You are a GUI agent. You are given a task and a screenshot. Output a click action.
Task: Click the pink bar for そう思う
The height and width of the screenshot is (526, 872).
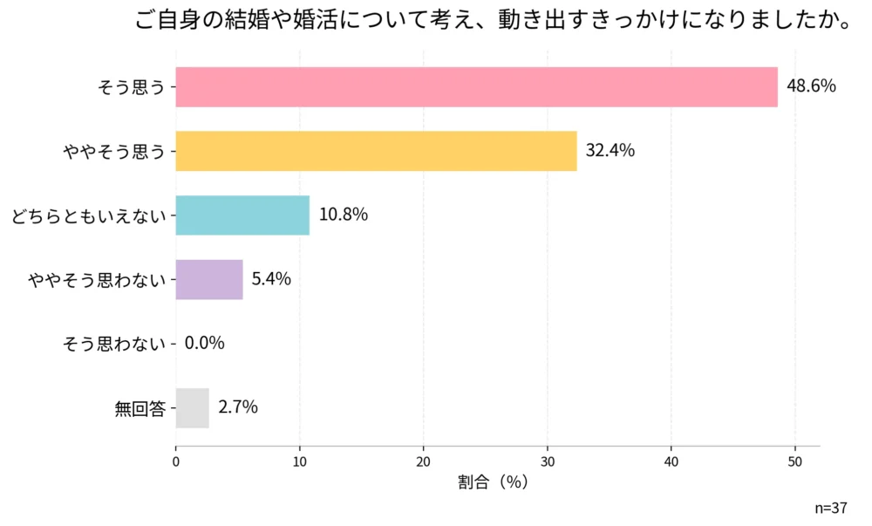(x=476, y=87)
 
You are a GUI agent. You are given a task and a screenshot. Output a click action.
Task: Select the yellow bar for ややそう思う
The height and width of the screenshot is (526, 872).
(x=376, y=151)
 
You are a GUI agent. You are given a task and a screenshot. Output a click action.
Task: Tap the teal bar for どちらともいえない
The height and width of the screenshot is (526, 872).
(x=242, y=215)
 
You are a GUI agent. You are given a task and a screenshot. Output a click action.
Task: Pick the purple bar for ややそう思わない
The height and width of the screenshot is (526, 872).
(x=209, y=279)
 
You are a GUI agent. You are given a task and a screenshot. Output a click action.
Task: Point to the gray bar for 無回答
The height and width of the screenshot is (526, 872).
(x=193, y=407)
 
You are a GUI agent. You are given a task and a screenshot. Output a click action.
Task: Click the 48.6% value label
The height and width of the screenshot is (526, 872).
(x=811, y=86)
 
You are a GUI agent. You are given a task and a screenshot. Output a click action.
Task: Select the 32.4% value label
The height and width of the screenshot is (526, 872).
(x=610, y=151)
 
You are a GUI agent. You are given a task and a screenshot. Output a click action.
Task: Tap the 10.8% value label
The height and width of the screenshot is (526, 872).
(x=343, y=215)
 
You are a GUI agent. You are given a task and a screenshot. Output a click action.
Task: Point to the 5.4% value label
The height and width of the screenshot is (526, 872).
(x=271, y=279)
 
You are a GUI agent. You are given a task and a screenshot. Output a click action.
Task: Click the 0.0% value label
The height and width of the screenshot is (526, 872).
(x=205, y=343)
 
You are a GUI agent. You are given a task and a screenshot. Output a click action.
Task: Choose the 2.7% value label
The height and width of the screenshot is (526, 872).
(x=238, y=407)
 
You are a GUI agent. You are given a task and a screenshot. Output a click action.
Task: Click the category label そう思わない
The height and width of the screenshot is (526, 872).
(x=114, y=344)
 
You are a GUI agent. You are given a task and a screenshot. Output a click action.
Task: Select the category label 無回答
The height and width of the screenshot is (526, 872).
(x=140, y=408)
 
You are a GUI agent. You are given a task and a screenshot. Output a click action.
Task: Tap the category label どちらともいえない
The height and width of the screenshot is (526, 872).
(x=88, y=215)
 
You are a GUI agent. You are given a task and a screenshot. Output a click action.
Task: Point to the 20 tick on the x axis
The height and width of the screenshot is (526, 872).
(x=424, y=461)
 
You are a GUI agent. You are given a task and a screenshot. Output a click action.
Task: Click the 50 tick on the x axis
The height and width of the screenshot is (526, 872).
(x=795, y=461)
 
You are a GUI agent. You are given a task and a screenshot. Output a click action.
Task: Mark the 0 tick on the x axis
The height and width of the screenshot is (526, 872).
(x=176, y=461)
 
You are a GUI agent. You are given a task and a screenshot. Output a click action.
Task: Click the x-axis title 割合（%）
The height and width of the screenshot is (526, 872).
(x=493, y=482)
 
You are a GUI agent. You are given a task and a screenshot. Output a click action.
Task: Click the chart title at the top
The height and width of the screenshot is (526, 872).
(x=494, y=21)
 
